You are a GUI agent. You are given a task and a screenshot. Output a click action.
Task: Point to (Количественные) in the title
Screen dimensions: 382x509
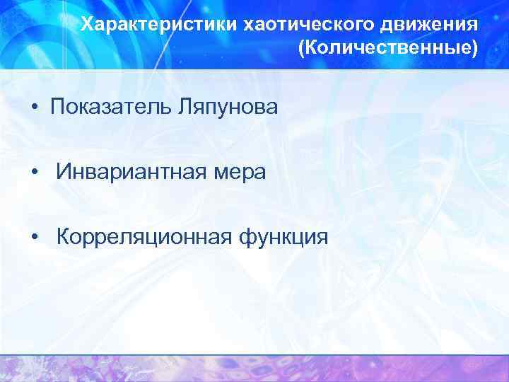click(x=389, y=49)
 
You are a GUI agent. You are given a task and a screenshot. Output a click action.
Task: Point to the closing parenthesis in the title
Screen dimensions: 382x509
click(x=475, y=49)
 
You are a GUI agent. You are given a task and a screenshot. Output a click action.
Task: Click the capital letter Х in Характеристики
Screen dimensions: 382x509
click(x=86, y=25)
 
